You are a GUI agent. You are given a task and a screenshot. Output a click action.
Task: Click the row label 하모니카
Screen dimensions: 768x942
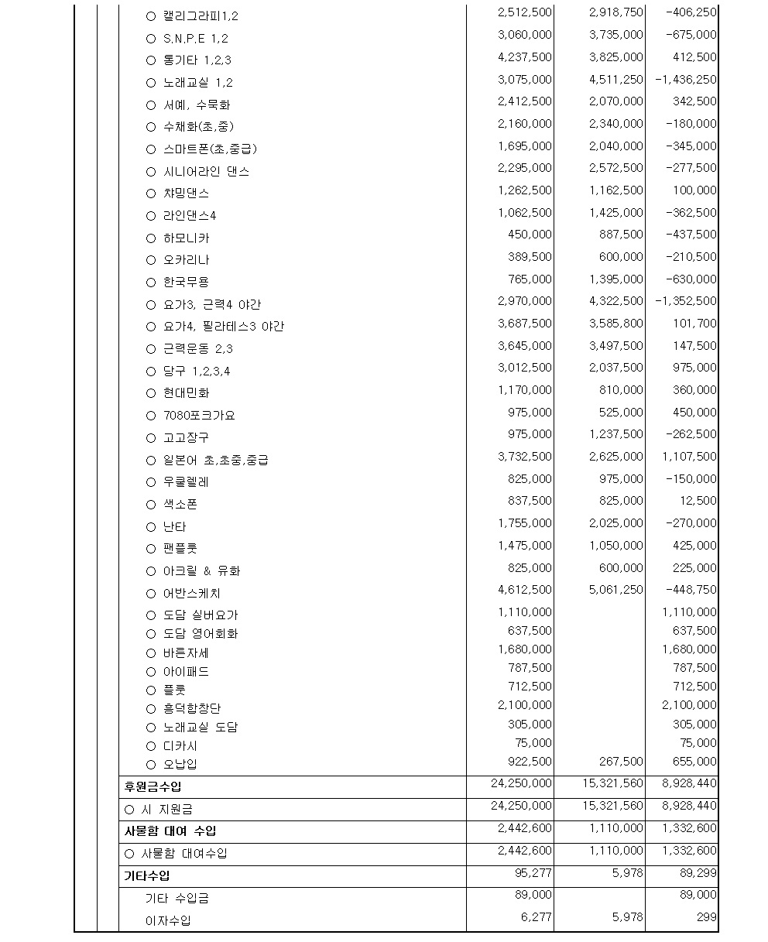(x=186, y=238)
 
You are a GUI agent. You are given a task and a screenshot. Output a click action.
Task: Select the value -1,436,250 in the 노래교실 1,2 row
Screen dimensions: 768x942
(x=685, y=80)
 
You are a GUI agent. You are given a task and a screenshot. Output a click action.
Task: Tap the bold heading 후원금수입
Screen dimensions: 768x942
(x=153, y=787)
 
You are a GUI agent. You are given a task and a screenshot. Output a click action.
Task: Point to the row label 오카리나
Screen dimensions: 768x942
(x=186, y=260)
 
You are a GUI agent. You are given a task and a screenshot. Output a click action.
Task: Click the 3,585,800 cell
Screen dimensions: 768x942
(x=615, y=324)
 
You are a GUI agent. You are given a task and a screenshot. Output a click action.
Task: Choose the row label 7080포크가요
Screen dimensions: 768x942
(x=199, y=416)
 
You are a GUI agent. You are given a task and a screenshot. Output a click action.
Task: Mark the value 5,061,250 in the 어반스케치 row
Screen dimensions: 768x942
(x=615, y=590)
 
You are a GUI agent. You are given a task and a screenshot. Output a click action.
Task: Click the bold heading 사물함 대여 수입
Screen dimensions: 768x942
(x=170, y=831)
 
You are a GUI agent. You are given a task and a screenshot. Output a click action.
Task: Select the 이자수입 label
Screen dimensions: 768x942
(x=168, y=921)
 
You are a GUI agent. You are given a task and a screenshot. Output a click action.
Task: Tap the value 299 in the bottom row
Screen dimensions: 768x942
(x=706, y=917)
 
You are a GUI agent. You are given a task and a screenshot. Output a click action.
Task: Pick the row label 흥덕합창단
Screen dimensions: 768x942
(x=193, y=708)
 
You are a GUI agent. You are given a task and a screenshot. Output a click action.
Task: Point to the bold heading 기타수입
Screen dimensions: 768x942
(x=147, y=876)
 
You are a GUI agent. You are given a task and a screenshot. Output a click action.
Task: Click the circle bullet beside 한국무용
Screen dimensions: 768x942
(x=151, y=283)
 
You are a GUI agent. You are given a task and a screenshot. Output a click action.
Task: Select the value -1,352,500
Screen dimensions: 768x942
(x=685, y=301)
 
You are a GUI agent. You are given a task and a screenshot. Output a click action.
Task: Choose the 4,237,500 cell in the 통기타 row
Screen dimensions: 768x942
(x=525, y=57)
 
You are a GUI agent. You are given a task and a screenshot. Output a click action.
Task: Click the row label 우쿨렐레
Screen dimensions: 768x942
(x=186, y=482)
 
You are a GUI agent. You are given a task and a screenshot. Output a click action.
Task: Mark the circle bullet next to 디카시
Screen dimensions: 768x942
(x=151, y=746)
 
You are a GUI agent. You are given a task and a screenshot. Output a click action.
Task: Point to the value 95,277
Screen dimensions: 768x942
(x=532, y=873)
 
